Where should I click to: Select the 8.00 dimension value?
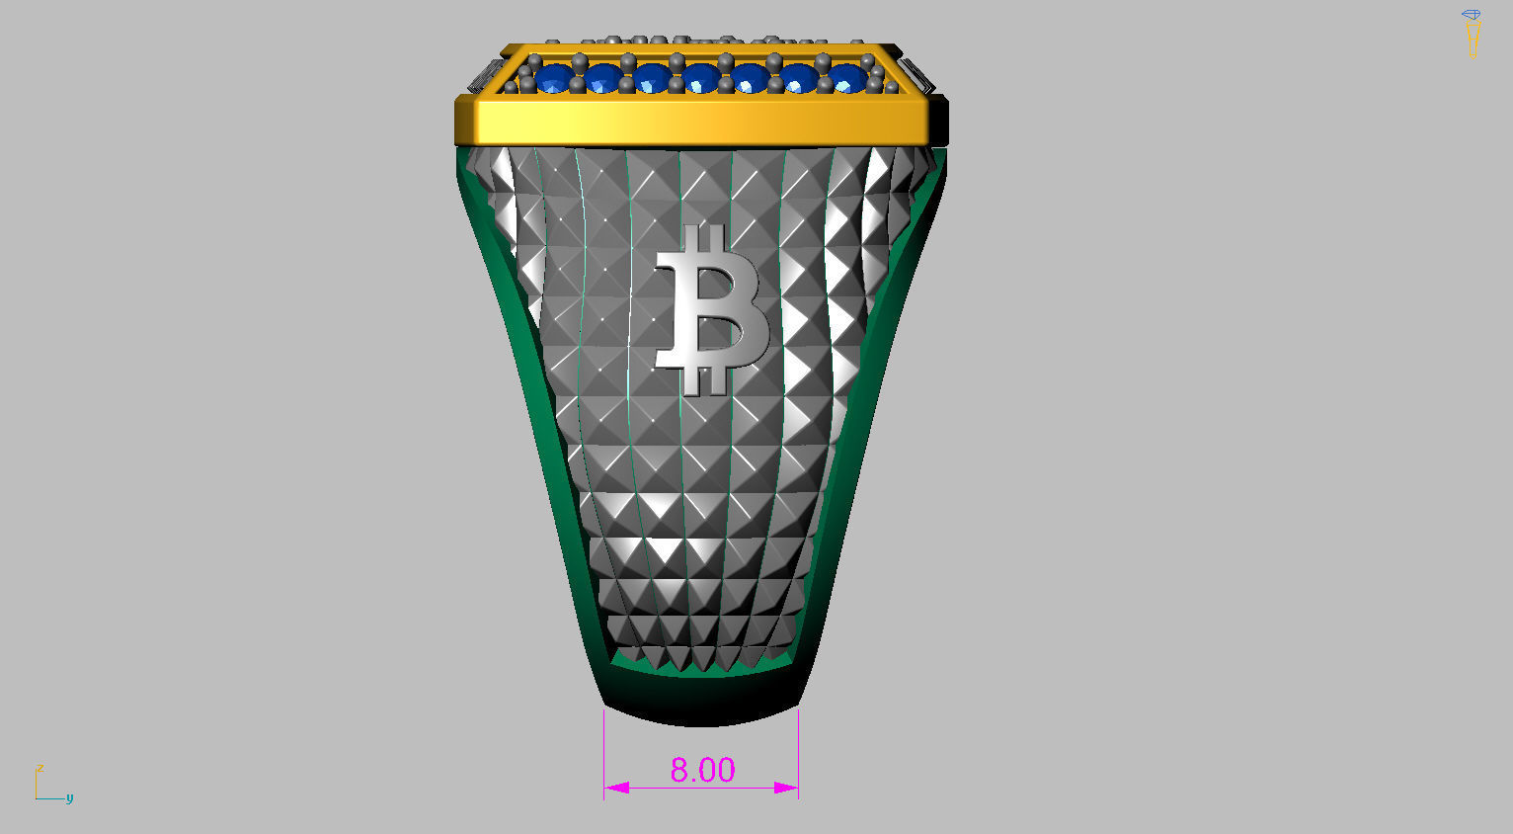pyautogui.click(x=702, y=770)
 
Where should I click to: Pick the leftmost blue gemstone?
pyautogui.click(x=554, y=78)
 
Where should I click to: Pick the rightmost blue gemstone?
pyautogui.click(x=846, y=78)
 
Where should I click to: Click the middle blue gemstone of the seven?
pyautogui.click(x=700, y=78)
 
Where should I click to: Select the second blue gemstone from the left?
pyautogui.click(x=602, y=78)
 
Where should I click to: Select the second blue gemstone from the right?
pyautogui.click(x=798, y=78)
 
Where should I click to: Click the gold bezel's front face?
pyautogui.click(x=701, y=122)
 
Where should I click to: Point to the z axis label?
pyautogui.click(x=40, y=768)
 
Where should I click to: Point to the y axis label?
pyautogui.click(x=69, y=797)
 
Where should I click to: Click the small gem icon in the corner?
pyautogui.click(x=1472, y=17)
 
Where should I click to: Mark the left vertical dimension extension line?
pyautogui.click(x=604, y=751)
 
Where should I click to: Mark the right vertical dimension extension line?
pyautogui.click(x=798, y=751)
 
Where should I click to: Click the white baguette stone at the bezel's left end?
pyautogui.click(x=485, y=74)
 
